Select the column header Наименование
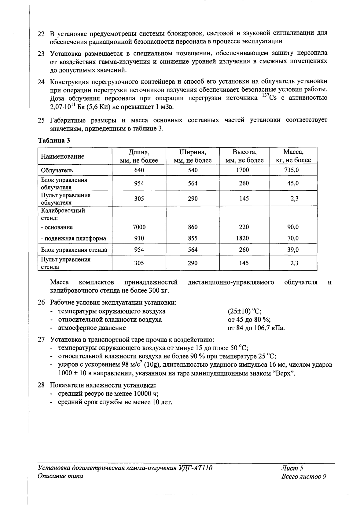63,156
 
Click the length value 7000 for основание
139,227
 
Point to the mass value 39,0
293,250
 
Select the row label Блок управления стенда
74,250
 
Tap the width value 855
193,238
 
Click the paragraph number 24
41,82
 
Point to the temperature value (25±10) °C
244,311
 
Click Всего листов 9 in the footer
304,477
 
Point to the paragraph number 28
41,385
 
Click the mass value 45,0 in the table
293,183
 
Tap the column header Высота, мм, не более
244,156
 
